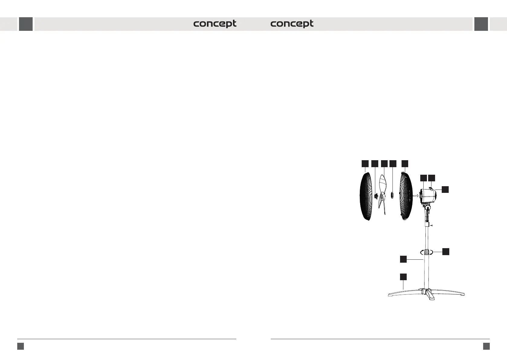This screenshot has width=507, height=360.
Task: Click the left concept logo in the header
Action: point(215,24)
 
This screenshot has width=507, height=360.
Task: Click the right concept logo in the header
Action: point(292,24)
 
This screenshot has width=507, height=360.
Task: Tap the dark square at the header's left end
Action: point(26,24)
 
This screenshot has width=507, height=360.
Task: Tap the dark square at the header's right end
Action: point(481,24)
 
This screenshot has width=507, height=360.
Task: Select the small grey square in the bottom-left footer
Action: point(21,346)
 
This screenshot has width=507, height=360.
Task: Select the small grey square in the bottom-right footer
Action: point(486,346)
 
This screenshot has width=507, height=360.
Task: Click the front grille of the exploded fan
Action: point(366,196)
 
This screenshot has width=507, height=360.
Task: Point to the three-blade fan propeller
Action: point(382,195)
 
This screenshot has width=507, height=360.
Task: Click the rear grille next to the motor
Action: point(406,196)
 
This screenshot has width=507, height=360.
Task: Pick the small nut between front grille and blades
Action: point(376,196)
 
